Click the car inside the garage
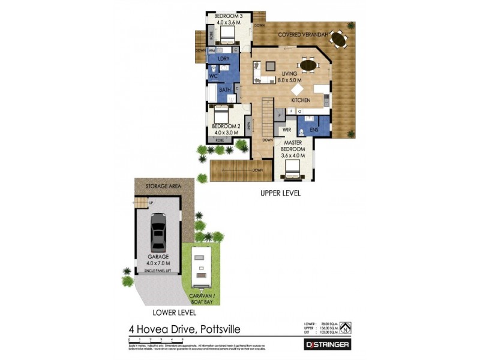[158, 232]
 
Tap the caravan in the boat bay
[200, 268]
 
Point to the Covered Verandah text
[302, 35]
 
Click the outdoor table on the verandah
[339, 40]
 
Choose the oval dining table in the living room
[308, 64]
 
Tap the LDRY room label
[224, 59]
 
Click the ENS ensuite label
[314, 129]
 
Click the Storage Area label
[164, 186]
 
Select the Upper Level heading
[280, 194]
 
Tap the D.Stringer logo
[325, 344]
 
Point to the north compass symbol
[346, 328]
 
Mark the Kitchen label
[301, 100]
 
